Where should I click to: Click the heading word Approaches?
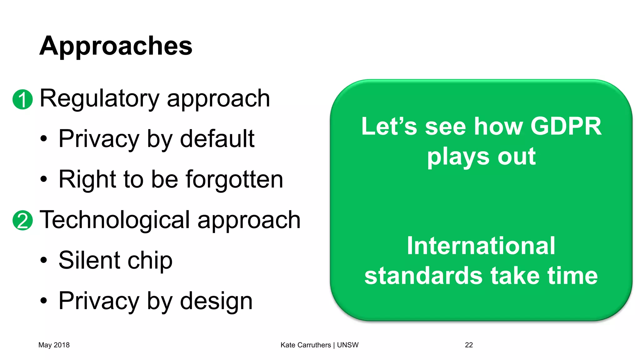point(116,46)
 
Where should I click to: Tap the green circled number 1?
point(22,99)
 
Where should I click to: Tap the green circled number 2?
point(22,220)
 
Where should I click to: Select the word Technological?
point(114,220)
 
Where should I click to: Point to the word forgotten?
point(234,180)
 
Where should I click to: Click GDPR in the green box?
point(566,127)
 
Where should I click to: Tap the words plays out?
point(481,157)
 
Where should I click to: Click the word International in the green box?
point(481,246)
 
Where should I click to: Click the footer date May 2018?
point(54,345)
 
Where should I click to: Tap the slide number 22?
point(469,345)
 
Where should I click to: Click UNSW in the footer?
point(347,345)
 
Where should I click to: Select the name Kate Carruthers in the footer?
point(306,345)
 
